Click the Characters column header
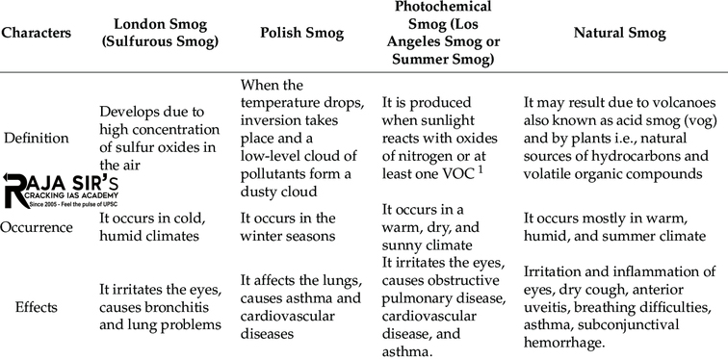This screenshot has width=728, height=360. pyautogui.click(x=36, y=32)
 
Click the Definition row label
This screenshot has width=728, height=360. pyautogui.click(x=36, y=138)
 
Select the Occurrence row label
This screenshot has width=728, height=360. pyautogui.click(x=37, y=227)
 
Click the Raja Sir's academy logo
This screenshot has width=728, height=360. pyautogui.click(x=60, y=190)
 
